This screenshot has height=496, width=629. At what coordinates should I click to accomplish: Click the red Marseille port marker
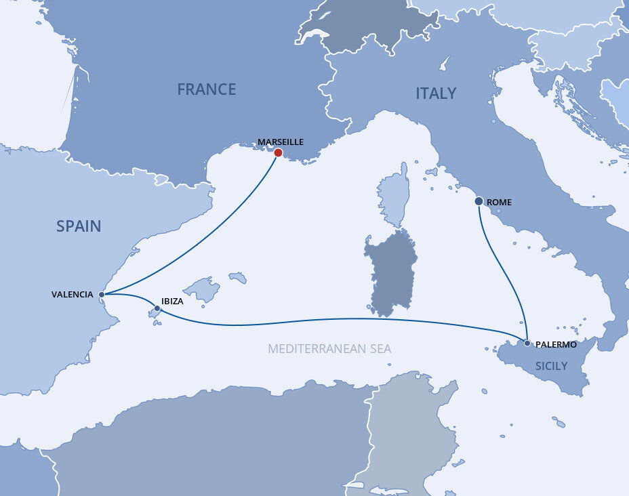pos(278,152)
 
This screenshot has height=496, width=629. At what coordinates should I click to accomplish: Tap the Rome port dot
pos(479,201)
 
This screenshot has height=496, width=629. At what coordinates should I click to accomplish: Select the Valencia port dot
pos(102,294)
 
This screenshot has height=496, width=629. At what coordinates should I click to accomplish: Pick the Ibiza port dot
pos(157,309)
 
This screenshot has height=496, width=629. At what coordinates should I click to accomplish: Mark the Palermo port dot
pos(527,343)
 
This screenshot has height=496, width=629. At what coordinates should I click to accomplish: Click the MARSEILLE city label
pos(281,142)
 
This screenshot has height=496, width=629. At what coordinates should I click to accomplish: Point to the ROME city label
pos(500,202)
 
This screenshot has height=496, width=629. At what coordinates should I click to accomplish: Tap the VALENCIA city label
pos(73,294)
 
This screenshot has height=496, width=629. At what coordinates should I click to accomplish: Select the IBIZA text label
pos(172,301)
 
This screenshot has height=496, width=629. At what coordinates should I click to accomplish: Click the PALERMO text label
pos(556,344)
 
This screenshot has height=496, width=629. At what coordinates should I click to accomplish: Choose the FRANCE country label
pos(207,89)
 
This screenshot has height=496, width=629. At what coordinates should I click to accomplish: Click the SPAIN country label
pos(79,226)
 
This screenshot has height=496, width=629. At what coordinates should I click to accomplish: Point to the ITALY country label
pos(436,94)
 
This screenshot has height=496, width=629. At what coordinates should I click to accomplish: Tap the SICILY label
pos(550,365)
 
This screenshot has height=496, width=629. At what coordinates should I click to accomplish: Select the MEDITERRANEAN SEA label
pos(329,349)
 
